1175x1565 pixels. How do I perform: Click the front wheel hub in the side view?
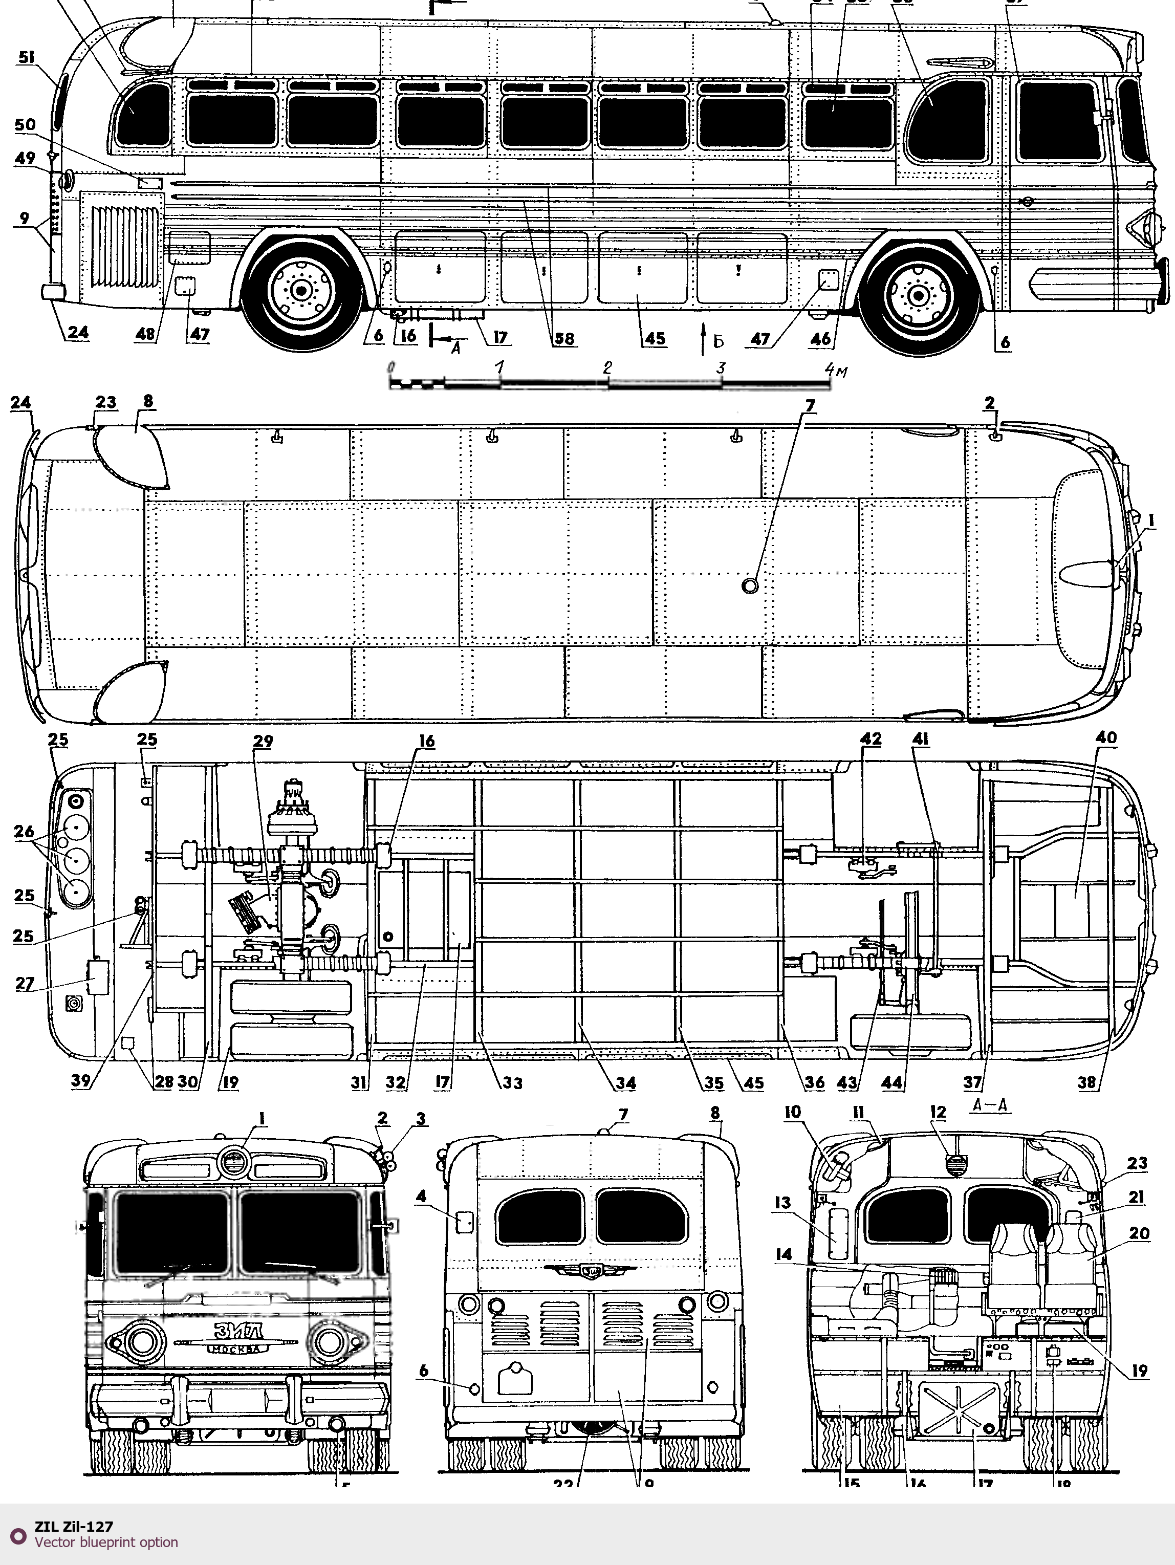coord(918,292)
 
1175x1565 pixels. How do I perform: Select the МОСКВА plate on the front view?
coord(237,1349)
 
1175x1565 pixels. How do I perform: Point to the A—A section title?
coord(990,1106)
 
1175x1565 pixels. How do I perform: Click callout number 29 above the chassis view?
coord(263,742)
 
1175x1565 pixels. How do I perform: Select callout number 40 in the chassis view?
coord(1106,738)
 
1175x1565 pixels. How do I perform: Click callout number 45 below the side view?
coord(655,338)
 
